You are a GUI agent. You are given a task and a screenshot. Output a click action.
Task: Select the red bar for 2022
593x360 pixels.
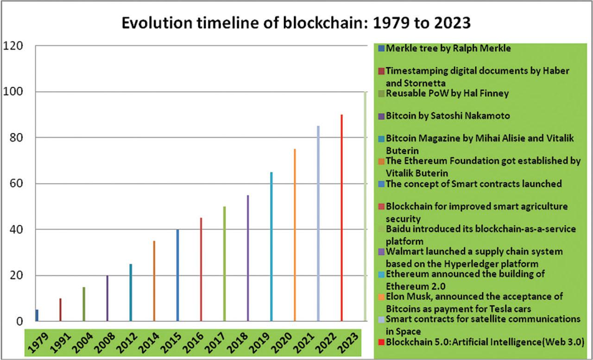(341, 218)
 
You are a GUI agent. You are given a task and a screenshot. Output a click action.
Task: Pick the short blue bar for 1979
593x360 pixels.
(37, 315)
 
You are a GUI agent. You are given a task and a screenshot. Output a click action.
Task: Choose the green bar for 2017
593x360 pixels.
(224, 264)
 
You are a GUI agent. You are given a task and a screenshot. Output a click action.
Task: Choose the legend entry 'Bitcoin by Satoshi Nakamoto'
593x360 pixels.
(448, 116)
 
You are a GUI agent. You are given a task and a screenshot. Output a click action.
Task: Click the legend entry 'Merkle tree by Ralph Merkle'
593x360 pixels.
(448, 48)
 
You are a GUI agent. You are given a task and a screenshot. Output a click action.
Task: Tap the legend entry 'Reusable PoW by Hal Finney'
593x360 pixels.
(447, 94)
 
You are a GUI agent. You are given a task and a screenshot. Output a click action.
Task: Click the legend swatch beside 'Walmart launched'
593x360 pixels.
(381, 252)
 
